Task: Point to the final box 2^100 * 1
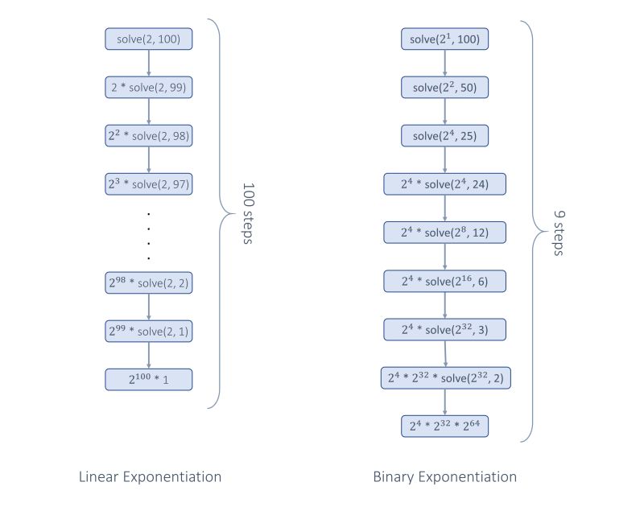click(x=149, y=379)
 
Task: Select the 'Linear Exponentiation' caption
click(x=150, y=477)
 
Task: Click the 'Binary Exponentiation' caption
click(x=445, y=477)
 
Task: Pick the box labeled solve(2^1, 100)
click(x=445, y=39)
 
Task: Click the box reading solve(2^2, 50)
click(x=445, y=87)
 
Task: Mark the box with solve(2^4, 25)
click(x=445, y=135)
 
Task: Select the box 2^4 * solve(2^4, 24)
click(x=445, y=184)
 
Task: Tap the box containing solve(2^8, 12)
click(x=445, y=233)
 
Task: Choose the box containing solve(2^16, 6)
click(x=445, y=281)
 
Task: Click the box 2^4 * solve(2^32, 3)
click(x=445, y=329)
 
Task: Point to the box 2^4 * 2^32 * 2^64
click(x=445, y=426)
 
